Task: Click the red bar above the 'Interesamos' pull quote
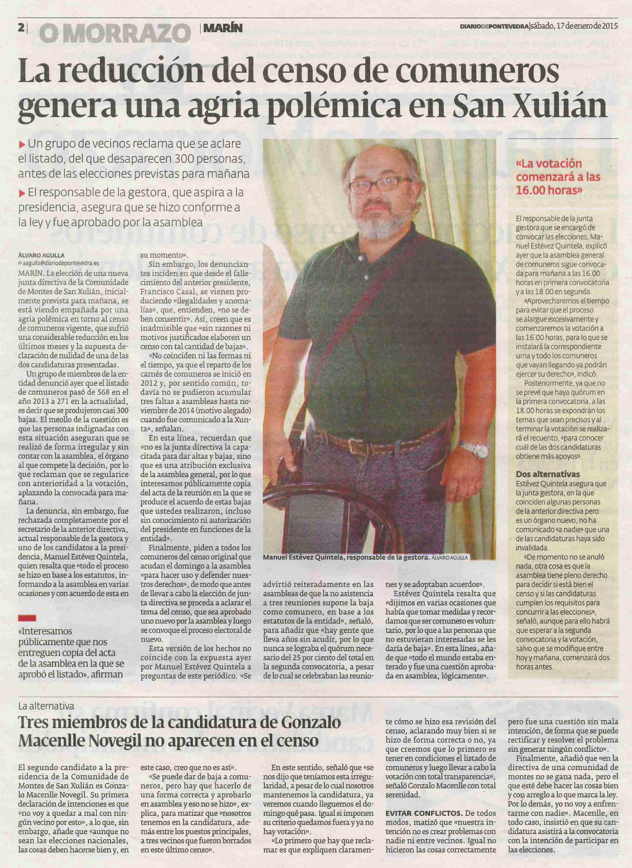click(x=27, y=618)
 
